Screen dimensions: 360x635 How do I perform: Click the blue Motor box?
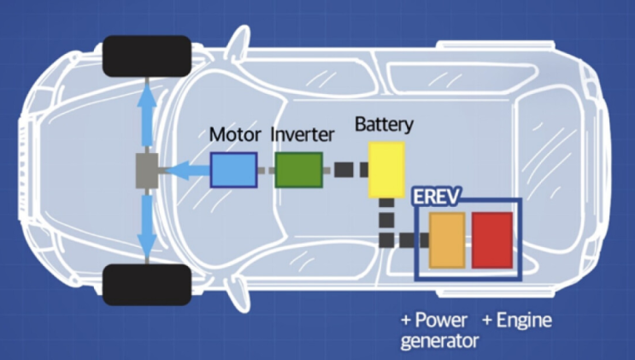coord(233,169)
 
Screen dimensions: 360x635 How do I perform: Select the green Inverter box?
coord(298,169)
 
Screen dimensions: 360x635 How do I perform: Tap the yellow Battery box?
coord(386,169)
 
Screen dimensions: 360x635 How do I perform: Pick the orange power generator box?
coord(447,240)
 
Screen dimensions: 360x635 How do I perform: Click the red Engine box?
coord(492,240)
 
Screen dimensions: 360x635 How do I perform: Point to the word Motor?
coord(235,135)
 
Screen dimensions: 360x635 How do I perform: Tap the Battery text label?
coord(384,124)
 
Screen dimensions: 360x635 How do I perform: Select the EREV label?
coord(437,198)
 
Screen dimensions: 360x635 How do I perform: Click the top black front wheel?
coord(146,56)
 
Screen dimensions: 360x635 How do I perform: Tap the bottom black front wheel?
coord(146,284)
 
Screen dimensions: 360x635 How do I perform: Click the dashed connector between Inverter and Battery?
coord(344,169)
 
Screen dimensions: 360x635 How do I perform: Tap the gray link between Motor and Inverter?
coord(266,169)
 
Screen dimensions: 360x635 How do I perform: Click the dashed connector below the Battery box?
coord(386,224)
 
